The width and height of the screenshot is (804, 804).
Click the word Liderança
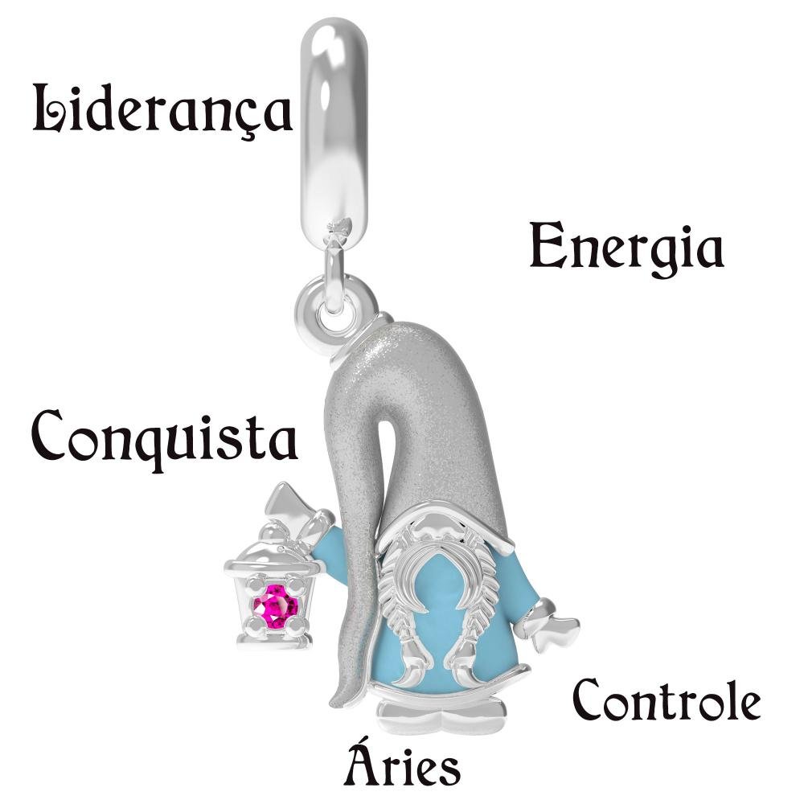[x=162, y=111]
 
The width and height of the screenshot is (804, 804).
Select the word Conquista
[x=165, y=439]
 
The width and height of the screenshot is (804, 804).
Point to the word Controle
[x=666, y=700]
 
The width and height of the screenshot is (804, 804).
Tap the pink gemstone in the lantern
[x=275, y=606]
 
